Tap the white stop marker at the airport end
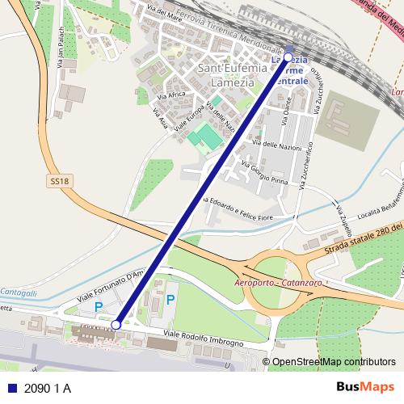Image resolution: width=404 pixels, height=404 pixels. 116,324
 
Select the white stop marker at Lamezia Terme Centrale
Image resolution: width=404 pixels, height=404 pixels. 288,57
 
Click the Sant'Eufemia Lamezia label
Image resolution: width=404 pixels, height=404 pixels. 232,74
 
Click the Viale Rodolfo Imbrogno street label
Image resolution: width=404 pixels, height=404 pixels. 203,339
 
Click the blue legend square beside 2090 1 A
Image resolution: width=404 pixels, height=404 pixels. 12,389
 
